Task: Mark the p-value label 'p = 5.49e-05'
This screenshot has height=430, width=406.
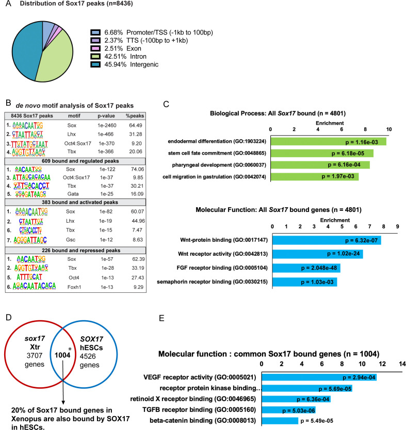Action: pyautogui.click(x=322, y=421)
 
